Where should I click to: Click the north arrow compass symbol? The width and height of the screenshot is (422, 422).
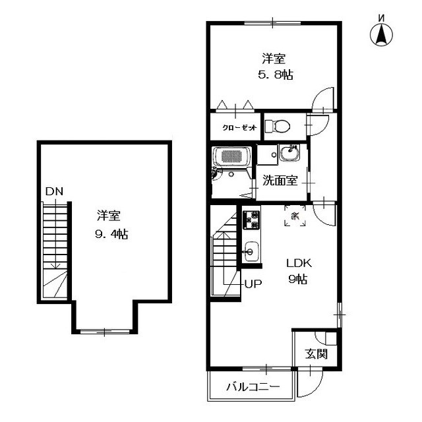pos(380,35)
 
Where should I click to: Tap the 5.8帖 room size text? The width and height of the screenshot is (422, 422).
pos(275,75)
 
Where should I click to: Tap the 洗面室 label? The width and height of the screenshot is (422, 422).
pos(280,179)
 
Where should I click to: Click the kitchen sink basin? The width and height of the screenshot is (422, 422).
pos(250,251)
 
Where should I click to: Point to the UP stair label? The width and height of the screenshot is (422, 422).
pos(253,285)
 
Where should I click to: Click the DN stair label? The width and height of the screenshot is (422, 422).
pos(54,192)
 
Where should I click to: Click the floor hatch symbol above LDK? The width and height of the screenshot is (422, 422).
pos(295,215)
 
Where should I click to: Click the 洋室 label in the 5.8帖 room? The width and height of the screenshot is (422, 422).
pos(273,59)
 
